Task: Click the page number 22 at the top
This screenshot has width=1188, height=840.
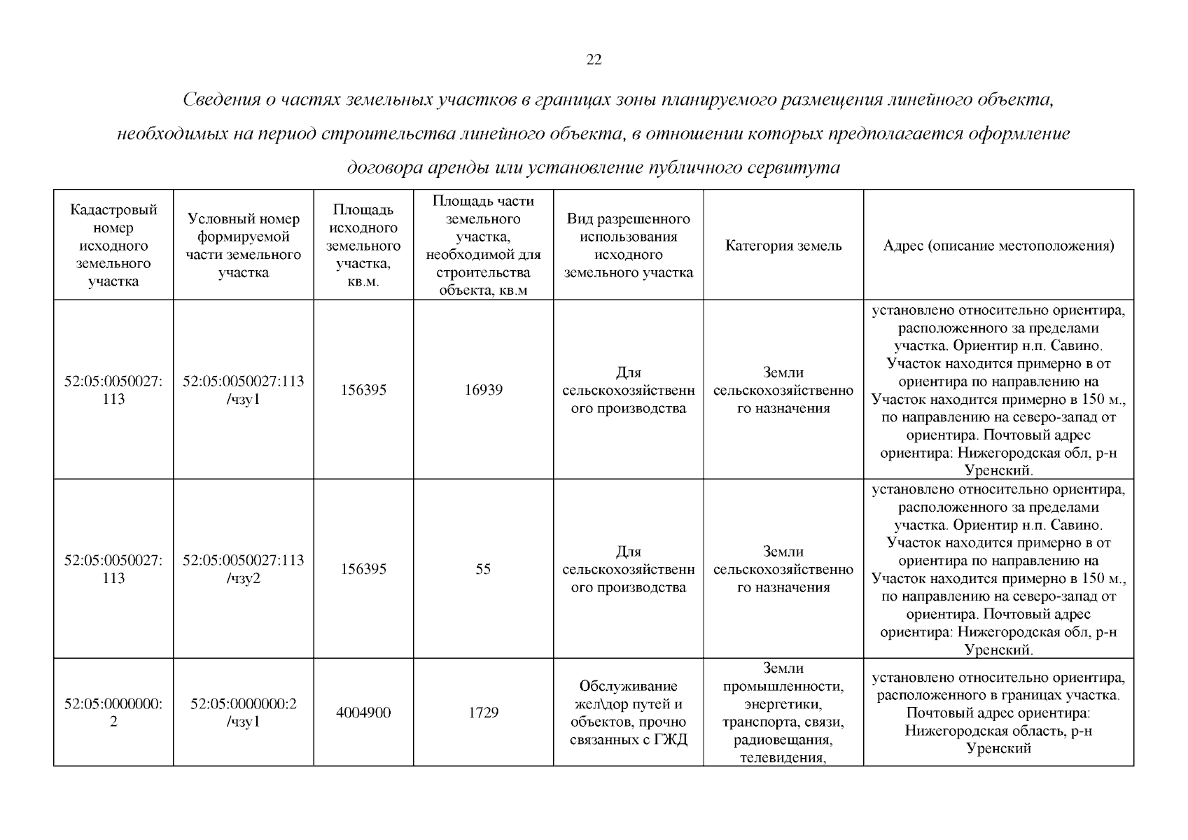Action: tap(593, 60)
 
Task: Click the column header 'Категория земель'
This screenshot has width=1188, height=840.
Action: tap(783, 246)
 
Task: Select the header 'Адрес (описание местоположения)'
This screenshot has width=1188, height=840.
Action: tap(998, 246)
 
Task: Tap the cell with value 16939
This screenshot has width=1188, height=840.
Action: tap(483, 390)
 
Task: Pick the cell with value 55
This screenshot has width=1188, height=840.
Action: tap(483, 569)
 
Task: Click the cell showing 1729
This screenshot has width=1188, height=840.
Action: tap(483, 713)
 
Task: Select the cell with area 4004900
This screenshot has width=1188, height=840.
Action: tap(363, 713)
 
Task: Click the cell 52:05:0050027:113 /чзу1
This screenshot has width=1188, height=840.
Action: tap(244, 390)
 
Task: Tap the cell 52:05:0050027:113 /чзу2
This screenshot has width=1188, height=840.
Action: tap(244, 569)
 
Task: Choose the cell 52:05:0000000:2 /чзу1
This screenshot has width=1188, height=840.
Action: tap(244, 713)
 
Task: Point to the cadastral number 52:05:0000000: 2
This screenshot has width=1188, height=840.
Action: tap(113, 713)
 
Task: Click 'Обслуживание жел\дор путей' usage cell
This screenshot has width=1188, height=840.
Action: tap(629, 713)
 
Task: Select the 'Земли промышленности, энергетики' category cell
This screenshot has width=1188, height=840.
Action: tap(783, 713)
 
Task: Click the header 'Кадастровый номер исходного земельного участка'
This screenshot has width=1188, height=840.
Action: tap(113, 246)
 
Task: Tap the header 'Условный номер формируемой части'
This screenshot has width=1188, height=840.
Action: tap(244, 246)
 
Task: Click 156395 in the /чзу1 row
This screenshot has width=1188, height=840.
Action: tap(363, 390)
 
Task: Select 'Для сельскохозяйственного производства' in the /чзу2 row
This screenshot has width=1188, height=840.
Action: tap(629, 569)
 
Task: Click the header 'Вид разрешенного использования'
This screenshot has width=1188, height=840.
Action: tap(629, 246)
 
